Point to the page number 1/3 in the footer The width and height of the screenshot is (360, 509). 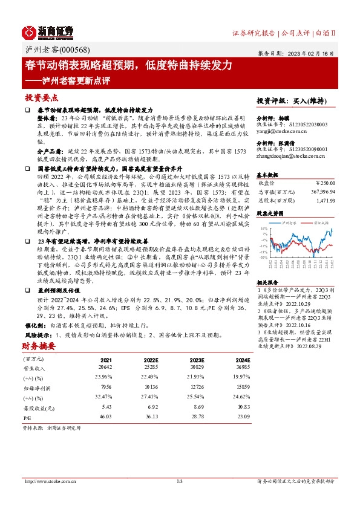(179, 482)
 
